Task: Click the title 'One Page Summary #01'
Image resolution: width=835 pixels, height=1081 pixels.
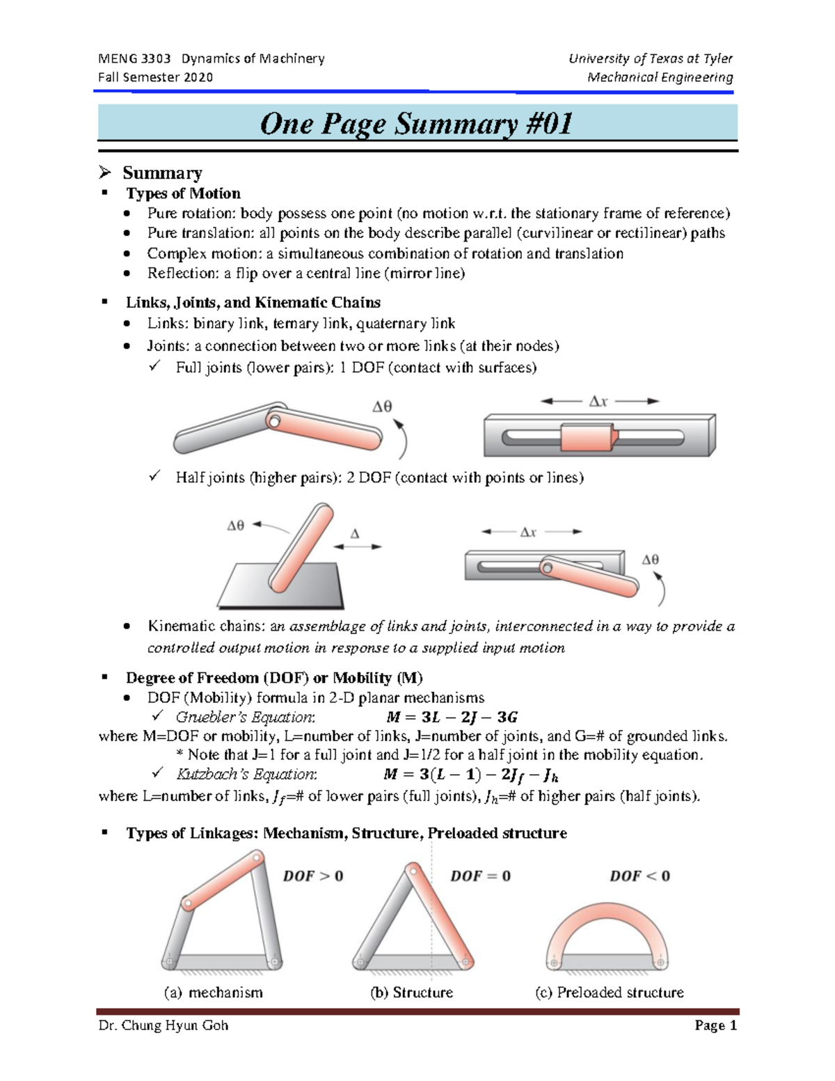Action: tap(416, 124)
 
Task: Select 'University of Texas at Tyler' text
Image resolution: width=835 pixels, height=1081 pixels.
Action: tap(650, 58)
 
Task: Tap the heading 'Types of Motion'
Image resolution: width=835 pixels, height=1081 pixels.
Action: tap(183, 194)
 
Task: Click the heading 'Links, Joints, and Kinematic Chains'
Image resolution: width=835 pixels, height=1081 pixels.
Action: tap(253, 303)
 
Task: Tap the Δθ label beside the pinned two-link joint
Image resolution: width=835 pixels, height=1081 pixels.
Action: tap(382, 407)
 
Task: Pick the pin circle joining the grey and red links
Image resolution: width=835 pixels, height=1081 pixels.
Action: tap(274, 421)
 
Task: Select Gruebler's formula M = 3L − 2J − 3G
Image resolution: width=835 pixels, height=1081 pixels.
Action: tap(452, 717)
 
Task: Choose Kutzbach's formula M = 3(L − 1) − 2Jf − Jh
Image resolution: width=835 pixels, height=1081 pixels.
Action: tap(471, 775)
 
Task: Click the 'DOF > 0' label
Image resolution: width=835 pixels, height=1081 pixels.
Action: tap(312, 876)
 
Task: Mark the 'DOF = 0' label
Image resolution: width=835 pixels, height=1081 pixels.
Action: tap(480, 876)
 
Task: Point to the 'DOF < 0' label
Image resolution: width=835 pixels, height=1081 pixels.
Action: tap(639, 876)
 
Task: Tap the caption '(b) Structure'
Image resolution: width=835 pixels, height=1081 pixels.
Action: tap(411, 993)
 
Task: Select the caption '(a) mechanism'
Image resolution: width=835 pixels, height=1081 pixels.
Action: tap(213, 993)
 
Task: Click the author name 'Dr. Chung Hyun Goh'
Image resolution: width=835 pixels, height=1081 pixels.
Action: tap(164, 1025)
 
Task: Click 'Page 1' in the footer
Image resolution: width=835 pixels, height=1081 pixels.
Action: tap(715, 1025)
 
